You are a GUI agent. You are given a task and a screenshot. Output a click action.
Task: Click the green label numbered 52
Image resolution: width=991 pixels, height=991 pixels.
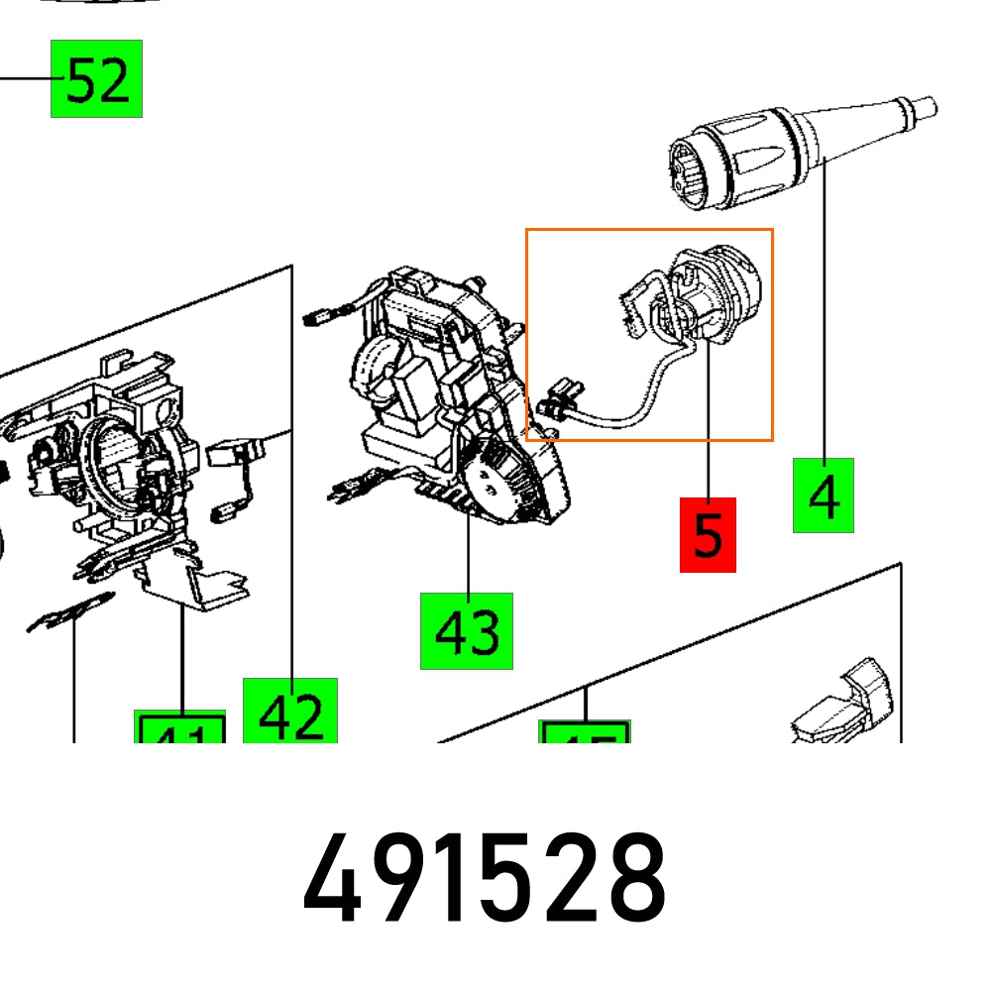tap(96, 78)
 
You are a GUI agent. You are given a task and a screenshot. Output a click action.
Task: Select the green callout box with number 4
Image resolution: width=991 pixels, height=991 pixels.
tap(823, 495)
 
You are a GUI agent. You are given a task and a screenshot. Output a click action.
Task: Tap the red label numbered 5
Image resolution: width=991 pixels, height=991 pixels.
tap(708, 535)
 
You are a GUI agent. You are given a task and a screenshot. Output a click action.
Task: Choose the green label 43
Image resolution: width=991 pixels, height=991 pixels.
tap(467, 630)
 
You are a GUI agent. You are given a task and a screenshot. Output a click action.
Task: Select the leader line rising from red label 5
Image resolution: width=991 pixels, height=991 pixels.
tap(708, 426)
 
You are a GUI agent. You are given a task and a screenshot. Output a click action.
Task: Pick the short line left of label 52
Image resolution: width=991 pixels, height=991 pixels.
tap(25, 77)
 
